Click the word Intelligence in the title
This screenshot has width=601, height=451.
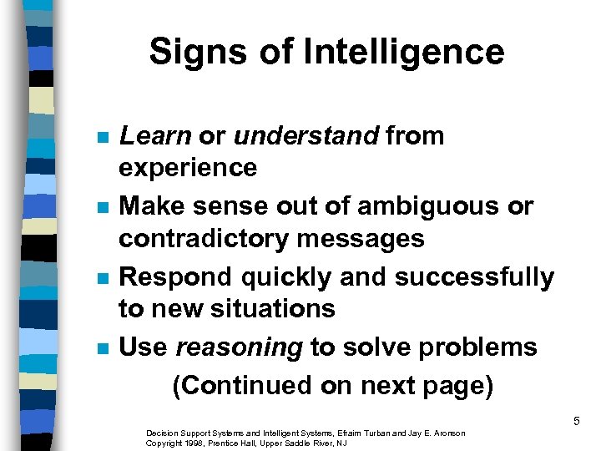point(405,52)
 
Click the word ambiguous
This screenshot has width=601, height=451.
point(427,205)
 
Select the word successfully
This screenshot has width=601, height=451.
point(472,276)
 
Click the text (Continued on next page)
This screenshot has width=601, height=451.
point(332,385)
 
